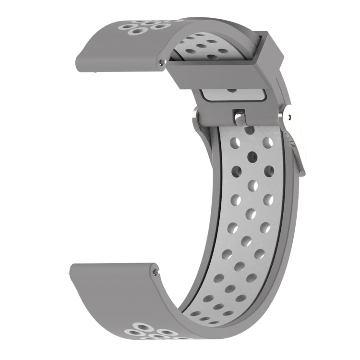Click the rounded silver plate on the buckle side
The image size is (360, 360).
pos(294,115)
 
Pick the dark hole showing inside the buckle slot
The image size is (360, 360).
pos(232,89)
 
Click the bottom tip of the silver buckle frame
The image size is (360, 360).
pos(302,173)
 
